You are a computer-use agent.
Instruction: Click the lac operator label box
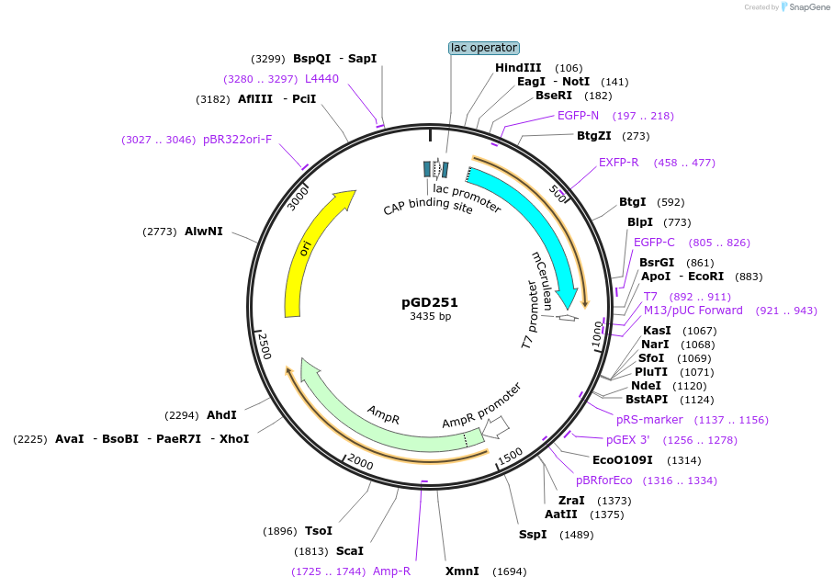(x=484, y=48)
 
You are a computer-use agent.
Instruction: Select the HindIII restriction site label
(x=518, y=68)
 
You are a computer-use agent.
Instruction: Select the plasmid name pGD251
(x=430, y=301)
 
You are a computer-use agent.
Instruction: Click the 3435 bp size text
(x=430, y=317)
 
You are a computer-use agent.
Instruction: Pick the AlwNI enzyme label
(x=203, y=232)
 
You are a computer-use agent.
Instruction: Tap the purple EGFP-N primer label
(x=578, y=116)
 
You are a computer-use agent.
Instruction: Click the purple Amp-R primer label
(x=391, y=571)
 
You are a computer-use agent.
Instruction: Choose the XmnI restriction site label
(x=462, y=571)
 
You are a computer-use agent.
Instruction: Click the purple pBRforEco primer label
(x=603, y=481)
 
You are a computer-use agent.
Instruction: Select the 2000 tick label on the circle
(x=360, y=463)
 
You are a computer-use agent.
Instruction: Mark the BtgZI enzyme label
(x=593, y=136)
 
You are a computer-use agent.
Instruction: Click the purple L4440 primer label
(x=321, y=79)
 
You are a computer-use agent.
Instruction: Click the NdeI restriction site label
(x=645, y=386)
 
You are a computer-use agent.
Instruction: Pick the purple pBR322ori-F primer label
(x=237, y=140)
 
